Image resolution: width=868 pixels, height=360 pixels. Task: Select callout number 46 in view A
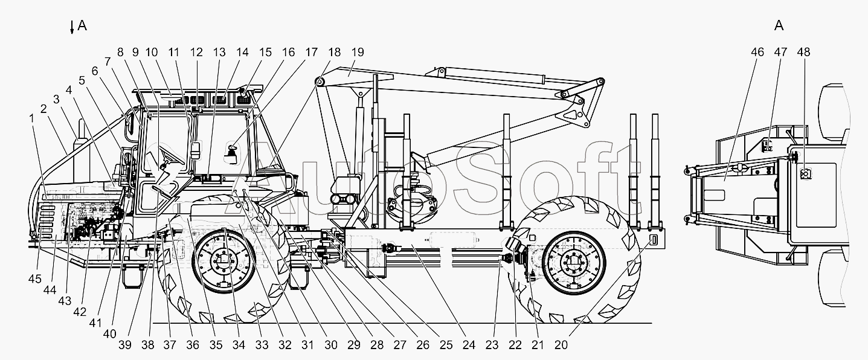[757, 52]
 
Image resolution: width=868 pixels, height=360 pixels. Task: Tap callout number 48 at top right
[803, 52]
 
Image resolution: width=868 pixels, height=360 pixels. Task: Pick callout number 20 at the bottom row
[561, 345]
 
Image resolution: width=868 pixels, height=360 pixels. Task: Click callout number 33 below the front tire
[261, 345]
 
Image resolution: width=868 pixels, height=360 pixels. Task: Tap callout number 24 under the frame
[469, 345]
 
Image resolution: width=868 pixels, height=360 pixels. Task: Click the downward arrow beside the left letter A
[72, 27]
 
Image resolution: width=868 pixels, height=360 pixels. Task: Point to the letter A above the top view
[779, 25]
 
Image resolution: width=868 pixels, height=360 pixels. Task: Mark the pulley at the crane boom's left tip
[320, 82]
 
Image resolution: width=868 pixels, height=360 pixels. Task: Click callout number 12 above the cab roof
[196, 52]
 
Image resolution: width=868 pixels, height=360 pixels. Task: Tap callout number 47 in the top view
[780, 52]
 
